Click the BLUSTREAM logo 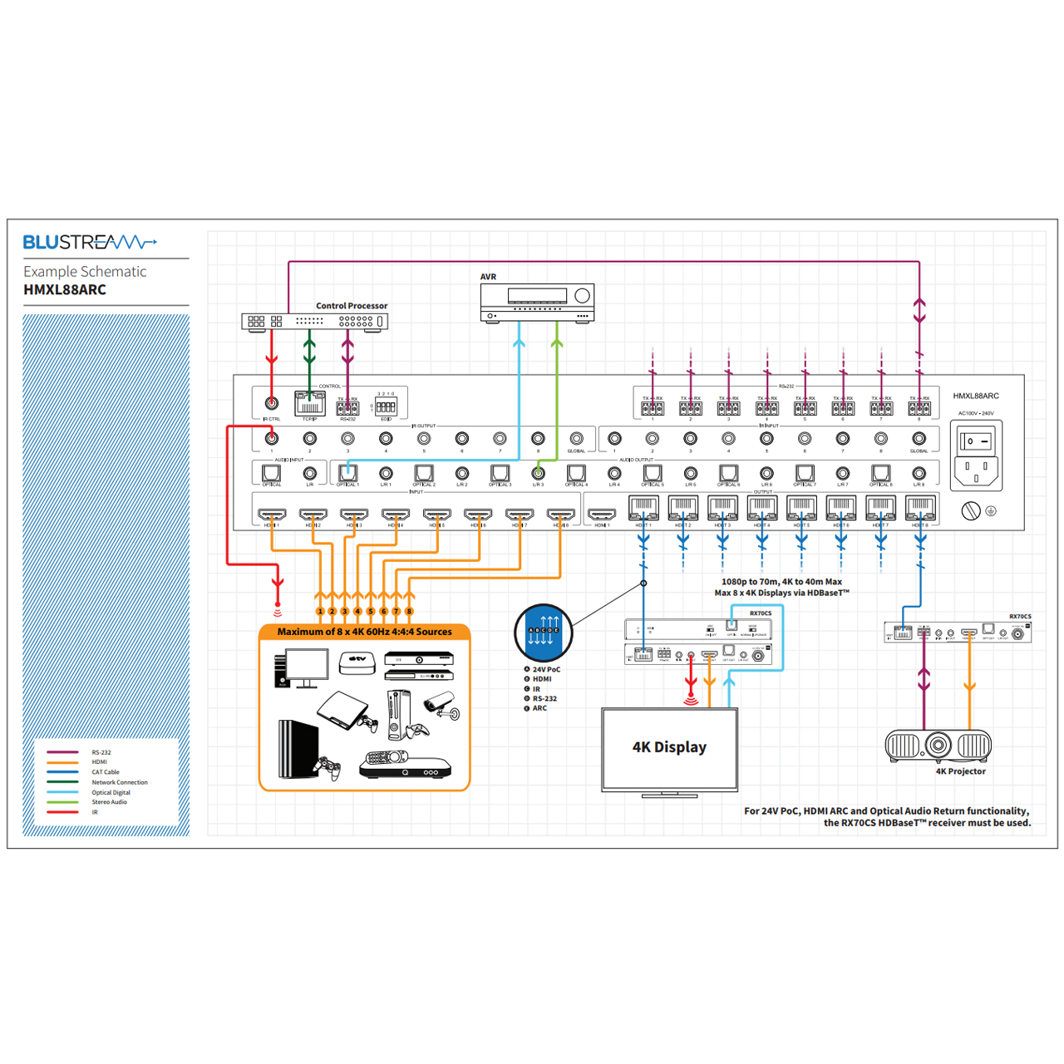(89, 242)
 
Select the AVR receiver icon (537, 303)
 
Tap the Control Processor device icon (314, 321)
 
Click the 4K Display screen (669, 748)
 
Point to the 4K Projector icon (938, 745)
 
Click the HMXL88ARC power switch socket (975, 456)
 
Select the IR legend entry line (63, 812)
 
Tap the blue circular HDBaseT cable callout (544, 633)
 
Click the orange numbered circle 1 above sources (320, 611)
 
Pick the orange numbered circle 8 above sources (409, 611)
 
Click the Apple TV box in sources (357, 662)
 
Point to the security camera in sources (441, 705)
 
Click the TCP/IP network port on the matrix (309, 404)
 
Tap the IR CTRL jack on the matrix (271, 403)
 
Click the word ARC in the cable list (540, 708)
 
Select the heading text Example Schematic (85, 272)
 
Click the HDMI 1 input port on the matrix (272, 515)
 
